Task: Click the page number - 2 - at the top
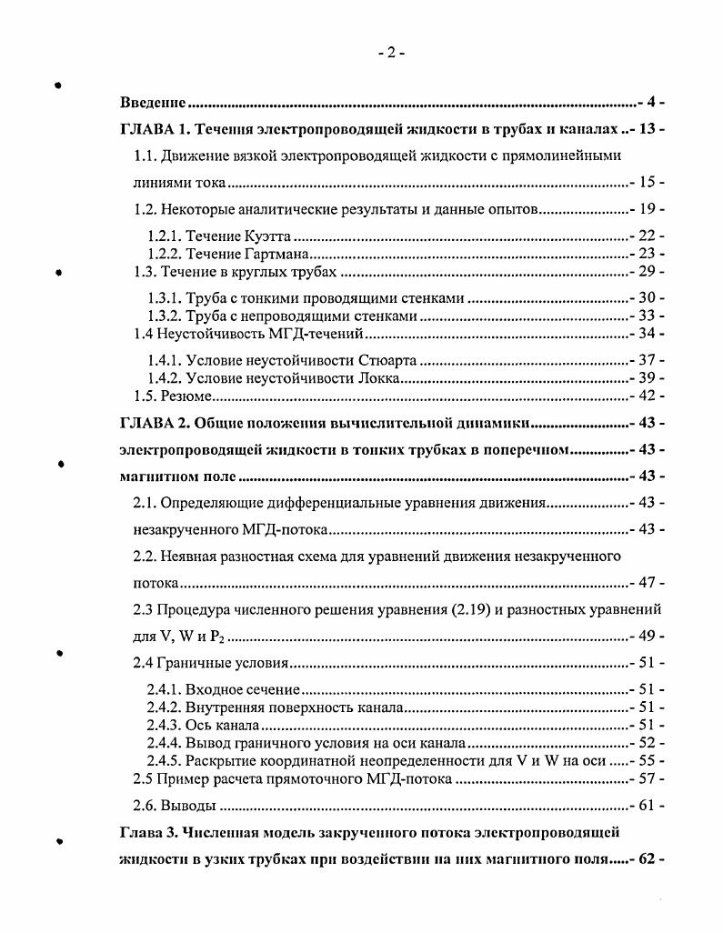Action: pyautogui.click(x=391, y=53)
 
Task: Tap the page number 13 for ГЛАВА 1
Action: pyautogui.click(x=648, y=128)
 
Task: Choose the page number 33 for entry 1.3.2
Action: pyautogui.click(x=648, y=316)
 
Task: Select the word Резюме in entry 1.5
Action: pyautogui.click(x=188, y=396)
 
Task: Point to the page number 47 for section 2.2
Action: pyautogui.click(x=648, y=582)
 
